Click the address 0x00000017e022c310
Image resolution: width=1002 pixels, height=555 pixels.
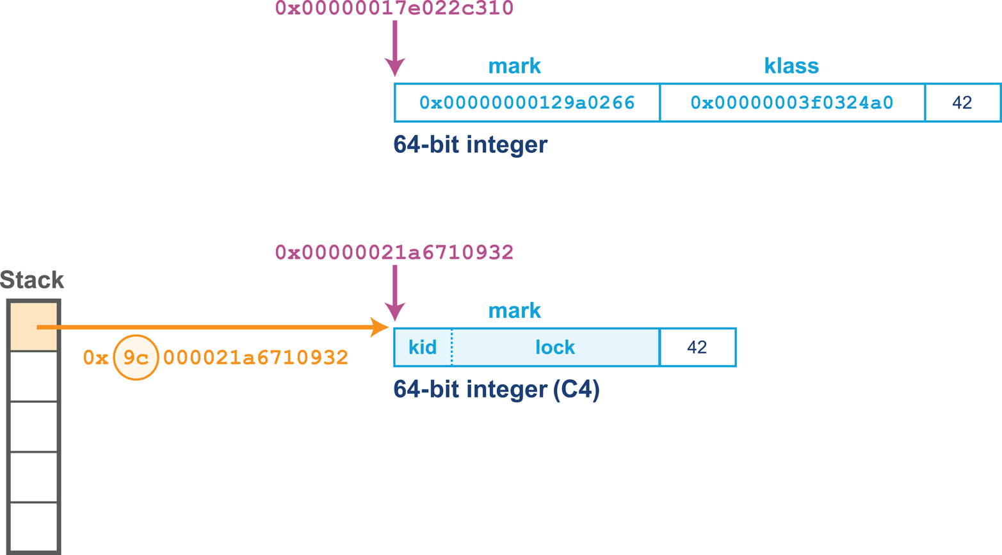(394, 8)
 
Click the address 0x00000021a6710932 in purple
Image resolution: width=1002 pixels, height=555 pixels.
(394, 253)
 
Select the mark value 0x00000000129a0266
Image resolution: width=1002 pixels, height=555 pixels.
(527, 103)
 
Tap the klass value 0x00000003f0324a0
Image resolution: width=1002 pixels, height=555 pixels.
(792, 103)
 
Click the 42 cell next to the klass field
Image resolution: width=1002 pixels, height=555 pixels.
(962, 103)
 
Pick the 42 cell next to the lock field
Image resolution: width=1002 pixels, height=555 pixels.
(697, 347)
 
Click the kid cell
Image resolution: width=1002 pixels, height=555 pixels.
(423, 347)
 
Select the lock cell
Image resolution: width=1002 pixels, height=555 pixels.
(555, 347)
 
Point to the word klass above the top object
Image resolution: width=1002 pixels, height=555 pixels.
(791, 66)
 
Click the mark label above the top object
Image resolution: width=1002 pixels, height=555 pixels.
(514, 66)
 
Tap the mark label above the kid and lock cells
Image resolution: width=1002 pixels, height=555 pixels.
(514, 311)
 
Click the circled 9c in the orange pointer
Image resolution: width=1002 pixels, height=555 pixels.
(136, 357)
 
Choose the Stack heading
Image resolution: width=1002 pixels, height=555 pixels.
(32, 280)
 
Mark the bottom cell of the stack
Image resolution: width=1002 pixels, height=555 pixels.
(34, 526)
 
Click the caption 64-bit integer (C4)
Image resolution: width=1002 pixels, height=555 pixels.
(496, 389)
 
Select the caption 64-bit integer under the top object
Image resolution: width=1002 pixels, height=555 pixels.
(470, 145)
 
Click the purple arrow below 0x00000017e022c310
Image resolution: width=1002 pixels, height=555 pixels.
(395, 49)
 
